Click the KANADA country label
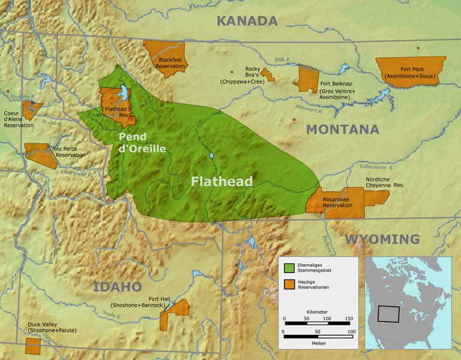click(x=247, y=21)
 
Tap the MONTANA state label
click(x=343, y=130)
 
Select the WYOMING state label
click(x=382, y=239)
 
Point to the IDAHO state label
click(x=117, y=287)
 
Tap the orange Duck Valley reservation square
click(x=32, y=346)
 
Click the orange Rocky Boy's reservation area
click(x=271, y=76)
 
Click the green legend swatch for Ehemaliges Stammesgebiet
click(x=289, y=267)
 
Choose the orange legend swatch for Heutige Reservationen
click(x=289, y=284)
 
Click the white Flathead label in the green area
click(x=221, y=181)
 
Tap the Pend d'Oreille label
click(x=142, y=143)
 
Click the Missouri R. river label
click(x=310, y=108)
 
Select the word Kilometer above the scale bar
click(x=316, y=312)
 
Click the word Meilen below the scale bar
click(x=317, y=344)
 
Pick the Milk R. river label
click(x=282, y=60)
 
